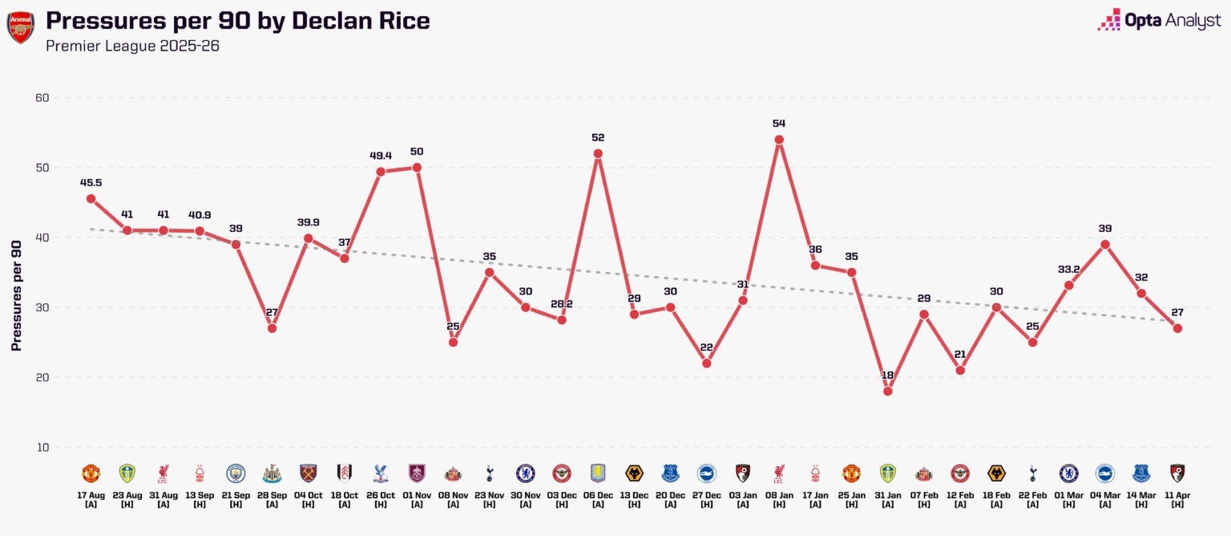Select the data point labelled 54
779,140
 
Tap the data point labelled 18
888,391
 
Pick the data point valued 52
598,153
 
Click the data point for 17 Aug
91,198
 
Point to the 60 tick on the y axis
42,98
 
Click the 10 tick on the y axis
42,447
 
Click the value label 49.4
381,155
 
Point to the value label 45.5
91,182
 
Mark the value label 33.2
1068,269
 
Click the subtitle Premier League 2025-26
132,46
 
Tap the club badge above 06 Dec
598,473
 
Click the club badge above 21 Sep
236,473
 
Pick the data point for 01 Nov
417,167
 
